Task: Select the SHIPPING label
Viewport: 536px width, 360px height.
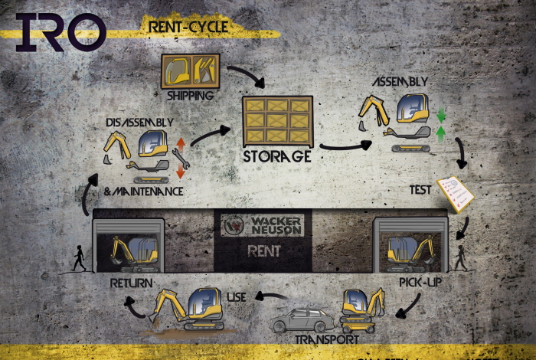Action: point(189,96)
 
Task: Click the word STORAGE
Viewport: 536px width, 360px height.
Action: point(276,156)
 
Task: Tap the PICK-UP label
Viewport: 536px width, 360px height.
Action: point(420,283)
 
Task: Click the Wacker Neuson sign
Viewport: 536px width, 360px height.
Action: point(263,225)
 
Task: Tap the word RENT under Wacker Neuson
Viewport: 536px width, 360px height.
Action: point(263,250)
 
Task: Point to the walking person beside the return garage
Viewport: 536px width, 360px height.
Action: point(78,259)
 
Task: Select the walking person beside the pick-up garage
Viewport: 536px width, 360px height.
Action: point(460,258)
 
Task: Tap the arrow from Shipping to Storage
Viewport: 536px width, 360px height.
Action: point(245,75)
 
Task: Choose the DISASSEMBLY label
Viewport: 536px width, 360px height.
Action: point(140,122)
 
